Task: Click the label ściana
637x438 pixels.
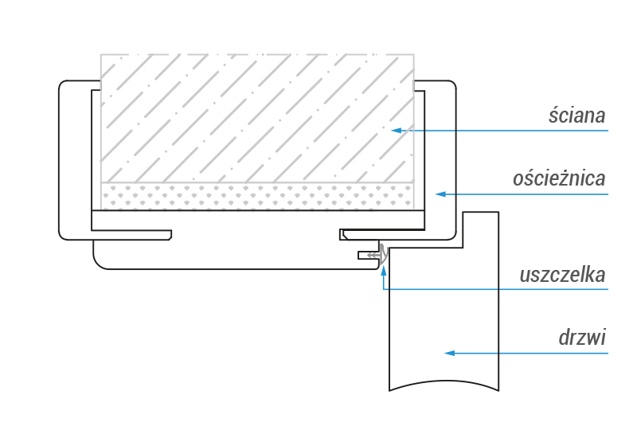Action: click(x=576, y=115)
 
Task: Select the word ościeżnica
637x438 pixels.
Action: click(x=559, y=178)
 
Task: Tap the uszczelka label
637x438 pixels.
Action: click(x=562, y=275)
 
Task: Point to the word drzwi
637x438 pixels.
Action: click(x=582, y=338)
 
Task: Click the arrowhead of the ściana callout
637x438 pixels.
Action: click(x=397, y=131)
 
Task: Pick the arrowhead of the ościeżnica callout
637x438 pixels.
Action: click(x=441, y=194)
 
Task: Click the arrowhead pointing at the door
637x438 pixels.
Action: click(x=450, y=353)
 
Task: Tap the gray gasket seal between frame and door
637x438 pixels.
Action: click(x=383, y=252)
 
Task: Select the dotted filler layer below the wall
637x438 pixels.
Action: click(x=257, y=196)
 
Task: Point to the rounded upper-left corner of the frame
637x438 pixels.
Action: click(x=63, y=85)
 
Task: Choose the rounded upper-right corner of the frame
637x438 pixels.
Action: click(x=451, y=85)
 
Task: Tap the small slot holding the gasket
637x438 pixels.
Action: click(x=368, y=255)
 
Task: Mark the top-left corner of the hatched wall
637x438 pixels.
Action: click(x=101, y=54)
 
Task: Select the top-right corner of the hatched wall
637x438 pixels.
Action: click(x=414, y=54)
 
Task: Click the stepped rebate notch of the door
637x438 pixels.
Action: click(x=463, y=248)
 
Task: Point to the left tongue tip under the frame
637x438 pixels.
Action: click(x=171, y=235)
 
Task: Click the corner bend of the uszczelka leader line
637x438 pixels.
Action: click(x=384, y=289)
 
